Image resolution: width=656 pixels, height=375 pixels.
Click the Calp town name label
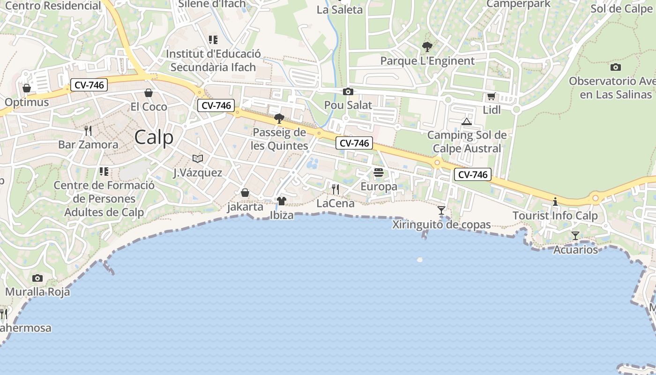pos(154,137)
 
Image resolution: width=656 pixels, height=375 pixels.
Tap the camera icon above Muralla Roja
pos(37,278)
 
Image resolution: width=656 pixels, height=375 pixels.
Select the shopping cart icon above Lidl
pos(491,97)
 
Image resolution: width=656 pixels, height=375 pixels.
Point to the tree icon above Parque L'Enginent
pos(427,46)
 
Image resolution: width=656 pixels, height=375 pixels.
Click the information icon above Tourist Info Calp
pos(555,202)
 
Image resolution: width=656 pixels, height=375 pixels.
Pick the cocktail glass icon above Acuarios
pos(575,235)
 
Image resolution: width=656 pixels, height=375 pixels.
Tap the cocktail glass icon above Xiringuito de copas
pos(441,210)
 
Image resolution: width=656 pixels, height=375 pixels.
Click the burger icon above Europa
pos(379,172)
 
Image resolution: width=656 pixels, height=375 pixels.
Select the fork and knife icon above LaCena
pos(335,189)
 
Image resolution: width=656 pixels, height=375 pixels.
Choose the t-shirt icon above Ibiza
pos(281,201)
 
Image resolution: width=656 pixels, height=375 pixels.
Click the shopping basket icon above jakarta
pos(245,193)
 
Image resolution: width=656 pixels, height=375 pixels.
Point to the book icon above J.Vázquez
pos(198,158)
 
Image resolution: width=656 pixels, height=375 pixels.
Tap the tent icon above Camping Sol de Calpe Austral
pos(466,121)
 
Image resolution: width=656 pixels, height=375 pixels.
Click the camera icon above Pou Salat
pos(348,91)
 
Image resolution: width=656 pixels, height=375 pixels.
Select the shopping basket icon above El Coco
pos(149,93)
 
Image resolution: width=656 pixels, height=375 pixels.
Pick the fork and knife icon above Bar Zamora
pos(88,130)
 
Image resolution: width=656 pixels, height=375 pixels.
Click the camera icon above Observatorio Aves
pos(616,67)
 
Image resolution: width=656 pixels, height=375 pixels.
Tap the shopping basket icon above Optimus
pos(27,88)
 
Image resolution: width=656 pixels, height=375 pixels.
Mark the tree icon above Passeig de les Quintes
pos(279,118)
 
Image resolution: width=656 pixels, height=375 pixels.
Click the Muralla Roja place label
pos(37,292)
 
